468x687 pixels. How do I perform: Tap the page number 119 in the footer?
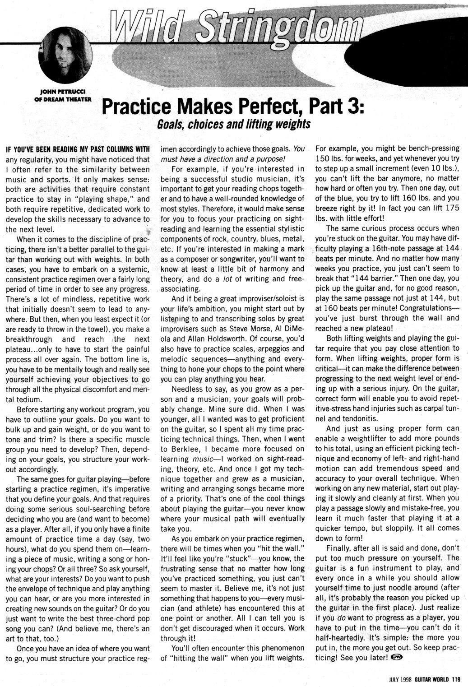tap(455, 677)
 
